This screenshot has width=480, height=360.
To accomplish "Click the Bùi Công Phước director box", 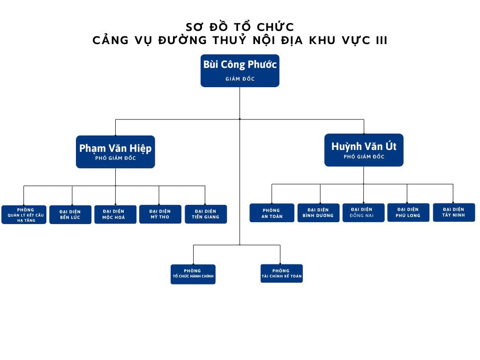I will [x=240, y=70].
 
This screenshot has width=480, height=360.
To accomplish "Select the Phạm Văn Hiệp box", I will [x=115, y=151].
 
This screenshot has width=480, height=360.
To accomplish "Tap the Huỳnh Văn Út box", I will [x=364, y=150].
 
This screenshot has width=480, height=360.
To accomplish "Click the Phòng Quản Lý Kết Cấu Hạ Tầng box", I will [x=24, y=215].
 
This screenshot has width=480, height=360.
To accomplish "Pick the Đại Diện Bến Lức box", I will [x=70, y=215].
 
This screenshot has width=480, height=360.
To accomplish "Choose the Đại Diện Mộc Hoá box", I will [x=115, y=214].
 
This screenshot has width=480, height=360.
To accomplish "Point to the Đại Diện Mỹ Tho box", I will [x=160, y=214].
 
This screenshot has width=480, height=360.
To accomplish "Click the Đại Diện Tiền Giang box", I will [x=206, y=214].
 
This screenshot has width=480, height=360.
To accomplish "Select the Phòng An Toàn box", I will [x=272, y=213].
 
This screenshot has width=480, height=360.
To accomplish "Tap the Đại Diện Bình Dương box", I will [x=318, y=213].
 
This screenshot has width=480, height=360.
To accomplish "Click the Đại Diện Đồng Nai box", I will [x=363, y=212].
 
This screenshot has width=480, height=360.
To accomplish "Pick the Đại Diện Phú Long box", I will [x=408, y=212].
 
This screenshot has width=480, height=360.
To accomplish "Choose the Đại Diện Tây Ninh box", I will [x=453, y=212].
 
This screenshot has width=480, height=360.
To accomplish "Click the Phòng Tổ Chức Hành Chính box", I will [x=193, y=274].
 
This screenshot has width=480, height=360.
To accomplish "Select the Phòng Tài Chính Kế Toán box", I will [x=281, y=273].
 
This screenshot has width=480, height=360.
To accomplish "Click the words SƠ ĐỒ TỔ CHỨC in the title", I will [x=240, y=27].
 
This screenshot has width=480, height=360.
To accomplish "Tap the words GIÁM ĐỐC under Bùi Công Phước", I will [x=240, y=79].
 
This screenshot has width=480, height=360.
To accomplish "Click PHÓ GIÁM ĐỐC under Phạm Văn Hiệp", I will [x=115, y=158].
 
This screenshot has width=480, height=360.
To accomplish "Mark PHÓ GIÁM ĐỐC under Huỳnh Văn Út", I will [x=364, y=157].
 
